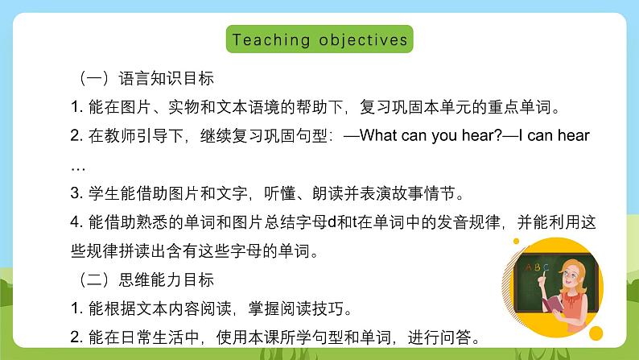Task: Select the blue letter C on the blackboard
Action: click(x=546, y=267)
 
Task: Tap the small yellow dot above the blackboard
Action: click(x=517, y=240)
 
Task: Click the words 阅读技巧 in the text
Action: click(x=324, y=309)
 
